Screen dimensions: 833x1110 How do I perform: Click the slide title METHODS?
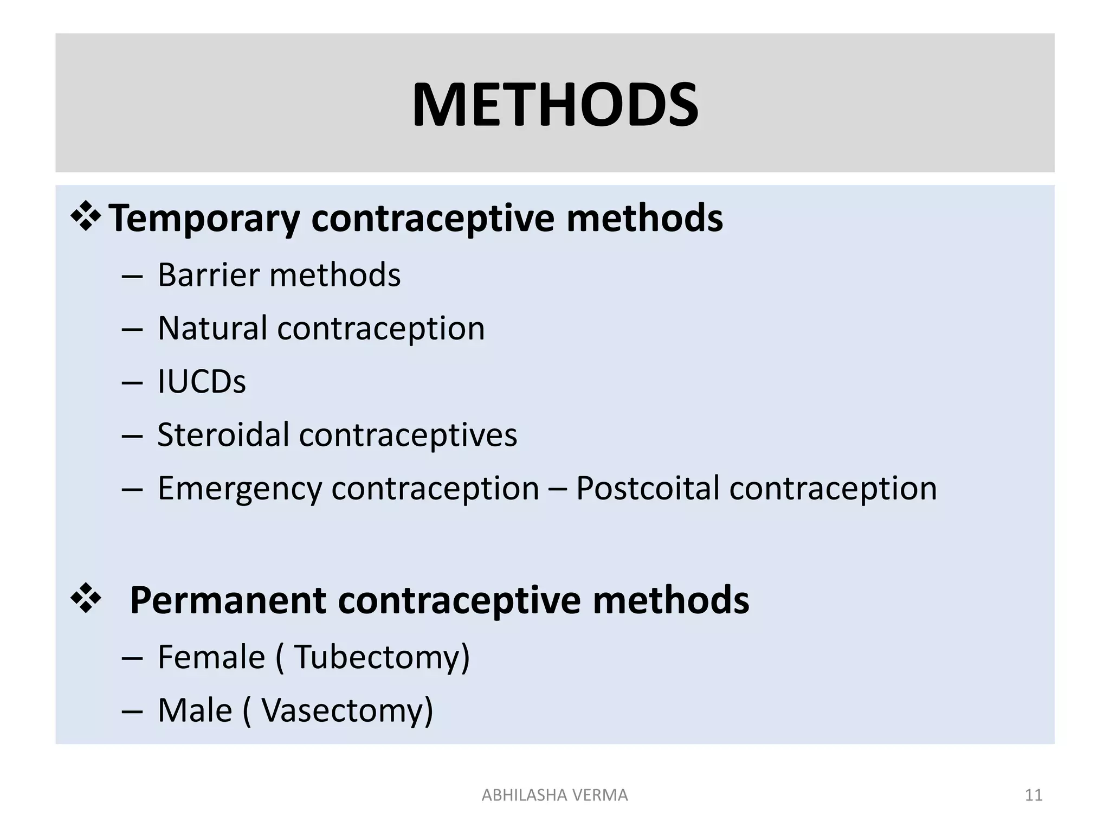click(x=555, y=105)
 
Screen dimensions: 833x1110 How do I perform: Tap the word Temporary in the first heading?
click(x=204, y=219)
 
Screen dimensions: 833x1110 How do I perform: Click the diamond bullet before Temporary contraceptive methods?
click(x=86, y=216)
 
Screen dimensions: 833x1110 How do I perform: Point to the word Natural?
click(x=212, y=329)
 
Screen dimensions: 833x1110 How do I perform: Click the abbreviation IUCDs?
click(x=201, y=382)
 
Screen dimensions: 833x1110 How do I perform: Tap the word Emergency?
click(x=240, y=489)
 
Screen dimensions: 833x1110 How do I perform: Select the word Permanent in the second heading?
click(x=228, y=601)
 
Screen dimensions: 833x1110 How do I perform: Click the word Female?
click(x=211, y=657)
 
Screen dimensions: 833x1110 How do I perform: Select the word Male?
click(x=195, y=710)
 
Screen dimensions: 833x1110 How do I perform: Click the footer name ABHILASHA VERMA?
click(x=554, y=795)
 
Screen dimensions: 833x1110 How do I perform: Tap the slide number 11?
click(x=1034, y=795)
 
